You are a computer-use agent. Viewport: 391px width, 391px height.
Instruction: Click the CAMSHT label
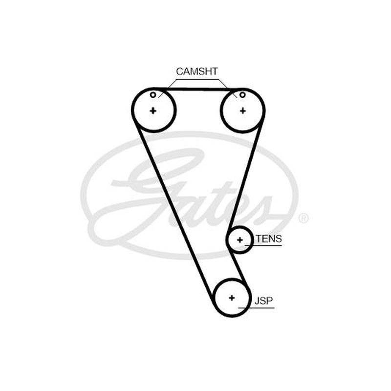pos(197,71)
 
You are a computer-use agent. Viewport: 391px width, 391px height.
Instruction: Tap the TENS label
pos(269,239)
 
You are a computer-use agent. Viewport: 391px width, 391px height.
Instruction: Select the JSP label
pos(263,301)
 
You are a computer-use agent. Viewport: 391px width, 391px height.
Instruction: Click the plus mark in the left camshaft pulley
pos(153,110)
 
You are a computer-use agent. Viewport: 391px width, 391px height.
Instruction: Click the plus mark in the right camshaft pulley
pos(242,110)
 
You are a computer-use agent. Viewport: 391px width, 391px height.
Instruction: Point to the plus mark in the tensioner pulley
pos(240,240)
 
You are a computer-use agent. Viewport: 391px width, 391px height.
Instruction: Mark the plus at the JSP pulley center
pos(232,298)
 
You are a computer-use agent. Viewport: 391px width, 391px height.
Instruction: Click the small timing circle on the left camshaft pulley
pos(153,95)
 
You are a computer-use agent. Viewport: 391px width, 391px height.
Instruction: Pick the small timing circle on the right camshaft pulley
pos(242,95)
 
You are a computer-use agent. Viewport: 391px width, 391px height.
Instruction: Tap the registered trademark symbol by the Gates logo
pos(304,218)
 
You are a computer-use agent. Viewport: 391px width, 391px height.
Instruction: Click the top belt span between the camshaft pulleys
pos(198,89)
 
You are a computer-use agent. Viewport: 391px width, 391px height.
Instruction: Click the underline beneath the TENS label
pos(263,246)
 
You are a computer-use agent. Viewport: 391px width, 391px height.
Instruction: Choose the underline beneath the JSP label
pos(256,308)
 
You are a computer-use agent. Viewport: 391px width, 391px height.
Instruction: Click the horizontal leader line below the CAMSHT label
pos(197,79)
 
